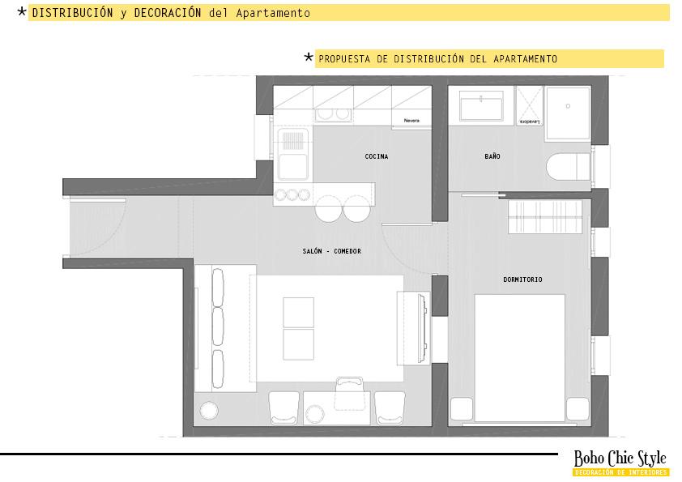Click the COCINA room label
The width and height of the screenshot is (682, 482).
click(376, 156)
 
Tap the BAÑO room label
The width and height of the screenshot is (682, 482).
click(492, 156)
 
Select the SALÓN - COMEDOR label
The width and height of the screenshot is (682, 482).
click(331, 251)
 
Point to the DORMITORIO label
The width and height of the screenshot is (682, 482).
click(522, 279)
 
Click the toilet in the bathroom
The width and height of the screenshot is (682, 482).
click(569, 165)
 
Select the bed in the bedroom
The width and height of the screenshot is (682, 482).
click(519, 356)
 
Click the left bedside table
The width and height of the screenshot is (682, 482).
click(462, 408)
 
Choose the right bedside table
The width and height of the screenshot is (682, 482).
click(578, 408)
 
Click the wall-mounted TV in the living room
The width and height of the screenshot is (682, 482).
click(420, 328)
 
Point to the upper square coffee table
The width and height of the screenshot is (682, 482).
click(298, 311)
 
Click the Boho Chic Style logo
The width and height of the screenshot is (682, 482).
click(620, 459)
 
